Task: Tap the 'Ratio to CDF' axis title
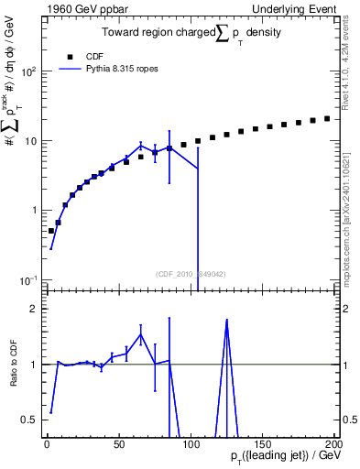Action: click(12, 357)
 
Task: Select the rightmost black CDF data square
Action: click(327, 118)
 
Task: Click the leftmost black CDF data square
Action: click(51, 231)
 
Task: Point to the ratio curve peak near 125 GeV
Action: click(226, 320)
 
